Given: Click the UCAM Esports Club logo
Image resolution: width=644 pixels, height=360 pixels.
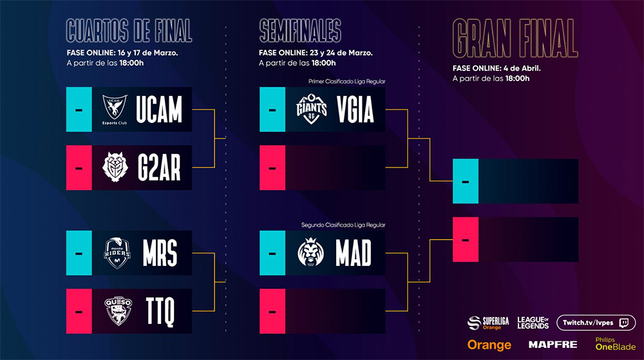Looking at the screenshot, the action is (115, 109).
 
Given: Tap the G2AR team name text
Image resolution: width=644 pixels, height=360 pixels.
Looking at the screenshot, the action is (159, 167).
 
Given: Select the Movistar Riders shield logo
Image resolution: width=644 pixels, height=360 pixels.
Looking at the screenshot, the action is (117, 253).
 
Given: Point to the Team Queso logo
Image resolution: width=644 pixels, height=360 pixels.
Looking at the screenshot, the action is (118, 311).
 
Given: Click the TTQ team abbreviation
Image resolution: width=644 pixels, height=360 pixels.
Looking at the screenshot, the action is (160, 311).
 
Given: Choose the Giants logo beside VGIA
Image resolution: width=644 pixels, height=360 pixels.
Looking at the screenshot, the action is (311, 109).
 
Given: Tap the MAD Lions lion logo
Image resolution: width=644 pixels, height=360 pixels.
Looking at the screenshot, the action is (310, 252).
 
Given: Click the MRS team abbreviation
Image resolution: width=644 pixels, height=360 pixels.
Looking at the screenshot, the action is (160, 253).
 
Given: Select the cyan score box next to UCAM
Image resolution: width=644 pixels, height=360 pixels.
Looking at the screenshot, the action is (79, 109).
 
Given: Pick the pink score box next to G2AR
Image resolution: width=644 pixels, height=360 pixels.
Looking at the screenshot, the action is (79, 167).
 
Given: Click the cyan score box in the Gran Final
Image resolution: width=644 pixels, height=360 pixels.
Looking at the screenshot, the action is (466, 181).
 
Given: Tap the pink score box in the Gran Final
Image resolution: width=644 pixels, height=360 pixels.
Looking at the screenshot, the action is (466, 240).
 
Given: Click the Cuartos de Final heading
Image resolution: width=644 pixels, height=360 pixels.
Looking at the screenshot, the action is (129, 30).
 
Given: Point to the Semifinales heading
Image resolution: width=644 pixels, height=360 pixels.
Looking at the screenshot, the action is (300, 30).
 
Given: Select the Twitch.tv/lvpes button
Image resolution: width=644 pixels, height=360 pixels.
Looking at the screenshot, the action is (596, 323).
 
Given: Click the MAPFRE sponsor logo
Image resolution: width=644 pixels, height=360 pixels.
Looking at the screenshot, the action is (553, 345).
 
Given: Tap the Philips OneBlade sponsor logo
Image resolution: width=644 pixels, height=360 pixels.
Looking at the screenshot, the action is (615, 344).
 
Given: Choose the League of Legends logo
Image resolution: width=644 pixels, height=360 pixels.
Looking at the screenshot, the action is (533, 323).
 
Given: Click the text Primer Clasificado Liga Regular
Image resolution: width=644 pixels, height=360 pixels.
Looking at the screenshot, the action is (346, 81).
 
